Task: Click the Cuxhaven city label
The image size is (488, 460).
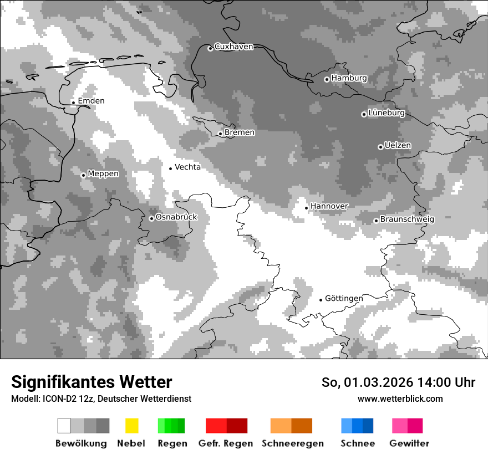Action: tap(233, 47)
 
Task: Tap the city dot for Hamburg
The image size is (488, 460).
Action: tap(327, 79)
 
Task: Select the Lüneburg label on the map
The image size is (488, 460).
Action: tap(387, 113)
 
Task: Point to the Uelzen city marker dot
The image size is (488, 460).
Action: tap(380, 147)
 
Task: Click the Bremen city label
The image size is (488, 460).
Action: tap(240, 132)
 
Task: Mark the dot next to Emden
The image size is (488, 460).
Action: tap(73, 102)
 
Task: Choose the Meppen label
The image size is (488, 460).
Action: tap(103, 173)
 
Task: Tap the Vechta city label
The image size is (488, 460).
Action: tap(187, 167)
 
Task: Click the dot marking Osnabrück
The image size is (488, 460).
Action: tap(151, 218)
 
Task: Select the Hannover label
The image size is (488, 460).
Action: tap(329, 206)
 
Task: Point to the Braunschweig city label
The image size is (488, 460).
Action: tap(407, 219)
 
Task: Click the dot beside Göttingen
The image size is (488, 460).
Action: tap(321, 300)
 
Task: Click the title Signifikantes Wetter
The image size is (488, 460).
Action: tap(91, 382)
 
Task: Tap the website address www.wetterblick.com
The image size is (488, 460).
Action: tap(400, 399)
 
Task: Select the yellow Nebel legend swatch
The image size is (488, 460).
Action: tap(131, 426)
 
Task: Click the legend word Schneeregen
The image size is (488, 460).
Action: tap(293, 443)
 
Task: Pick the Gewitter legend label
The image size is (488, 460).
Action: tap(409, 443)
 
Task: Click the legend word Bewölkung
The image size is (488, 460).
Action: tap(81, 443)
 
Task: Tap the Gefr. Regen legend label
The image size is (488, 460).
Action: tap(226, 443)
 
